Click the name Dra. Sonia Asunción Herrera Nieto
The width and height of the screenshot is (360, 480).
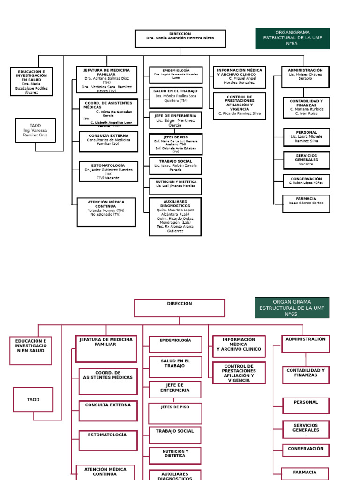point(180,38)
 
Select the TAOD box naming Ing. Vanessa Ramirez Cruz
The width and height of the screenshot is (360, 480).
point(35,130)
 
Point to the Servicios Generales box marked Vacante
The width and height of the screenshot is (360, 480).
point(306,160)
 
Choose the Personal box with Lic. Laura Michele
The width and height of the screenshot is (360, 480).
point(306,137)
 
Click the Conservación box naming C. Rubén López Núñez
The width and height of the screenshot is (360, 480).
point(306,181)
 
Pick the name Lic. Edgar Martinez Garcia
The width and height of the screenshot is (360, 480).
point(175,123)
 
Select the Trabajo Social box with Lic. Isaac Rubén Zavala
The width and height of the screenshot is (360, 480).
point(175,165)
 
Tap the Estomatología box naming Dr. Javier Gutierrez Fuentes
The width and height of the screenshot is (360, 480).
point(108,172)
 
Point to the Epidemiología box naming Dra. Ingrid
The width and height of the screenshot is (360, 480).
point(176,75)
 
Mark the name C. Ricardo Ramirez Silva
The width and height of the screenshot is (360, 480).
point(239,113)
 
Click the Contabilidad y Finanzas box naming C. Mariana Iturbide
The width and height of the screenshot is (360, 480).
point(306,108)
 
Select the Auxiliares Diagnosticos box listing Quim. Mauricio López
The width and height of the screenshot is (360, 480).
point(175,217)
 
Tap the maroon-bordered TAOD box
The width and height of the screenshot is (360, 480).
point(33,399)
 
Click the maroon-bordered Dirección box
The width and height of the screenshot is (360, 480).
point(180,308)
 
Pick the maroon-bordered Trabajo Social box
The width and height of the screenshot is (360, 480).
point(175,435)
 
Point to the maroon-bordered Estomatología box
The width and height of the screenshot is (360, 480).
point(108,441)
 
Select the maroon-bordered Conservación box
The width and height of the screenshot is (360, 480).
point(306,450)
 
